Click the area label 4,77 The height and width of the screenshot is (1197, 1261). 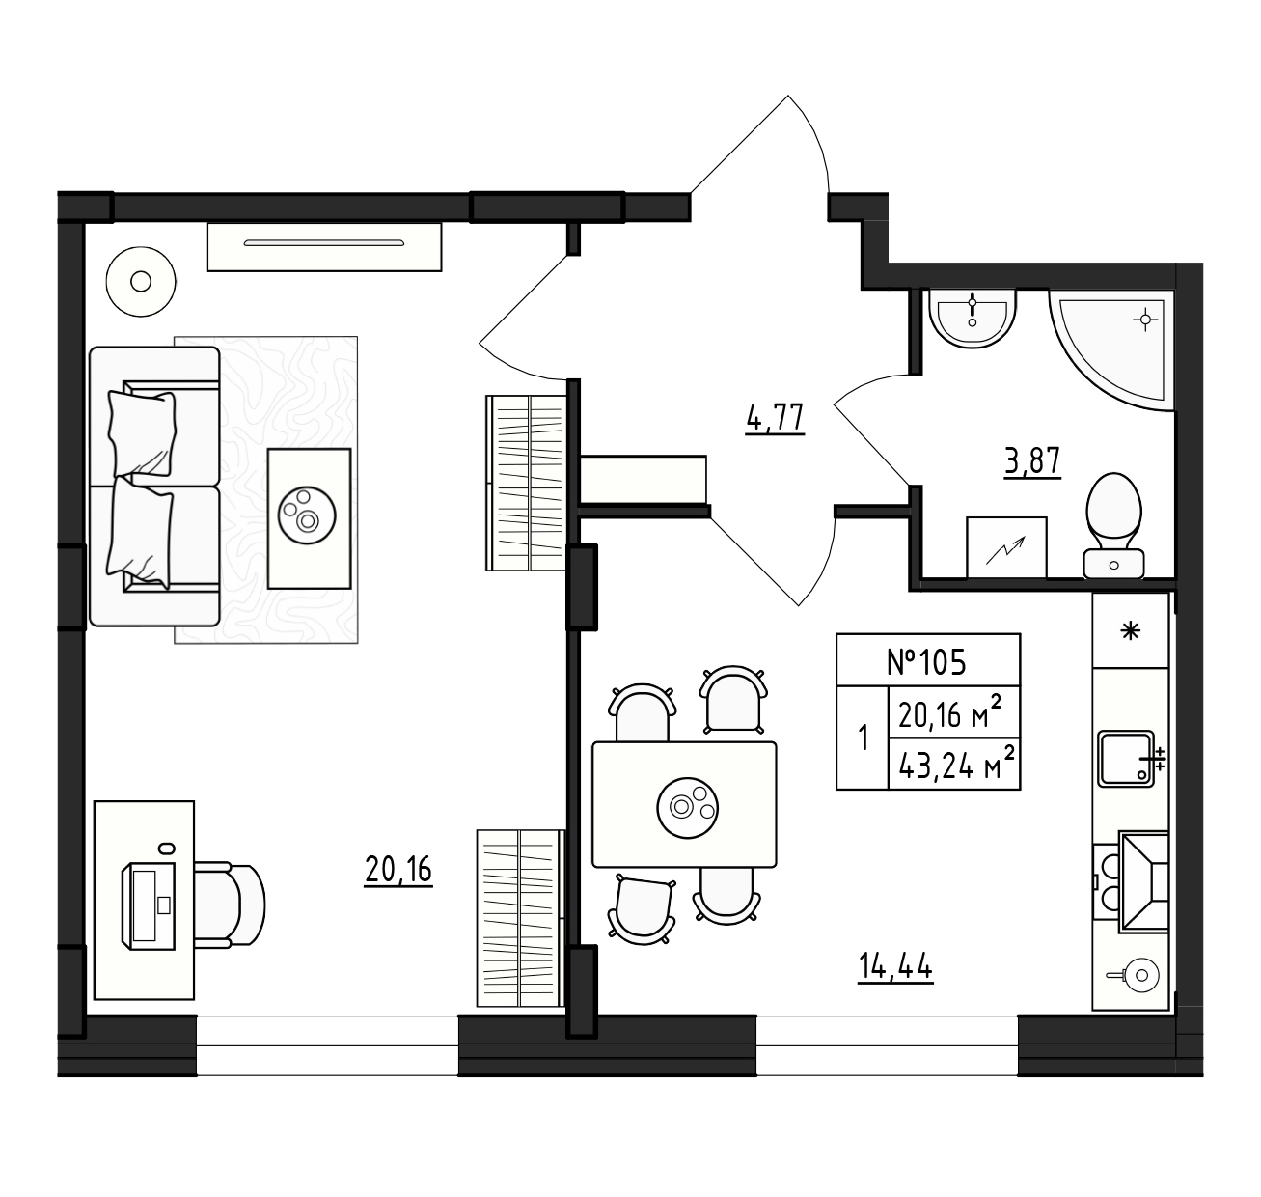click(775, 419)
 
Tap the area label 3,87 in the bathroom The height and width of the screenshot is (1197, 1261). click(1032, 461)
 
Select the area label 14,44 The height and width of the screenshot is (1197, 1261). click(895, 966)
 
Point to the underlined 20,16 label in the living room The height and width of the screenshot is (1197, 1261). click(398, 871)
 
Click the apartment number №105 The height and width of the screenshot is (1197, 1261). click(926, 662)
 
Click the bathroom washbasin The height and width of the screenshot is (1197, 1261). click(973, 319)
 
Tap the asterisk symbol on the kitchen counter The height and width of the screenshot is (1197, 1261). click(1130, 631)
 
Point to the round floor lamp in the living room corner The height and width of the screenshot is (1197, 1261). click(141, 282)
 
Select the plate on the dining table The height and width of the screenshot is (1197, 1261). click(688, 807)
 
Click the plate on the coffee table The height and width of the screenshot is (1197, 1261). click(307, 515)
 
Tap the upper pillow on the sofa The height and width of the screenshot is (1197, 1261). click(142, 433)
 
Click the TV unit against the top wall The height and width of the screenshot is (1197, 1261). click(324, 247)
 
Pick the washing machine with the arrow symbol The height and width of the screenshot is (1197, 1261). click(1007, 547)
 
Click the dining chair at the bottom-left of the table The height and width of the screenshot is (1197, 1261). click(642, 909)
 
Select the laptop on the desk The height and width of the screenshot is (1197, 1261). click(149, 905)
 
